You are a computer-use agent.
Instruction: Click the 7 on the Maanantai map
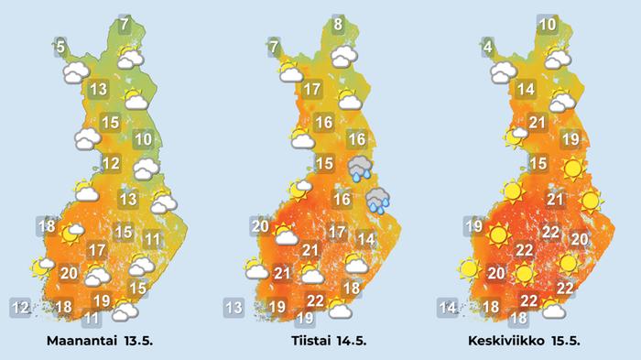(x=125, y=25)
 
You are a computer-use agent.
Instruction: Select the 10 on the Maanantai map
(x=143, y=140)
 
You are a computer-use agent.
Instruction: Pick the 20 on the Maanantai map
(x=69, y=272)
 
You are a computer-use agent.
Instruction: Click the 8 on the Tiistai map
(x=339, y=25)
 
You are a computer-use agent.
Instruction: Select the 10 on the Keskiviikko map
(x=549, y=26)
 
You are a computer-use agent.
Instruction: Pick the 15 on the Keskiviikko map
(x=538, y=164)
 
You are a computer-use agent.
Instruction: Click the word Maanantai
(x=82, y=341)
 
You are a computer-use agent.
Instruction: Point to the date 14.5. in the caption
(x=348, y=341)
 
